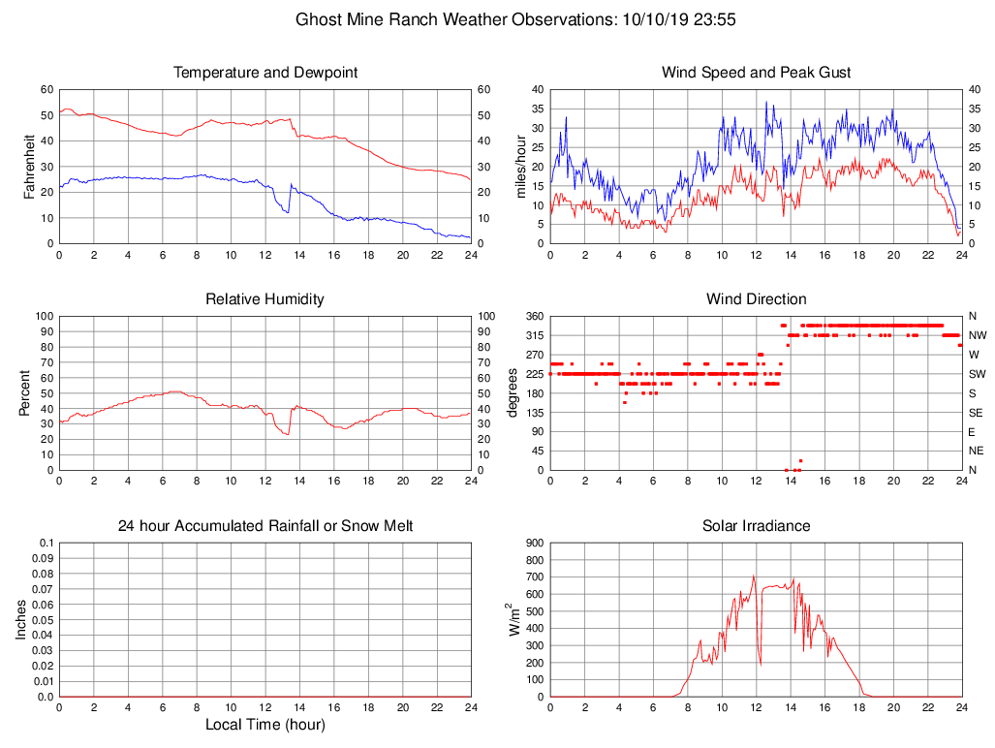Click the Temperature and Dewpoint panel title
(x=264, y=73)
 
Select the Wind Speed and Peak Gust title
(x=756, y=73)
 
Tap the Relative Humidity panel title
(x=264, y=299)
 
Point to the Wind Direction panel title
(x=756, y=299)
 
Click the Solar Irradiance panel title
(x=756, y=526)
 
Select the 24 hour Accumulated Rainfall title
(x=264, y=526)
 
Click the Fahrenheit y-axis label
(x=29, y=167)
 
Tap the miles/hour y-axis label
(x=520, y=167)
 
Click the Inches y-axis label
(x=22, y=620)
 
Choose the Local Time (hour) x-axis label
(x=264, y=725)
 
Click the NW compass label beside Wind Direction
(x=978, y=335)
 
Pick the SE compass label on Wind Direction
(x=977, y=413)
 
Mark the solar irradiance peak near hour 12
(x=754, y=577)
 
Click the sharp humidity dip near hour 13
(x=288, y=434)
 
